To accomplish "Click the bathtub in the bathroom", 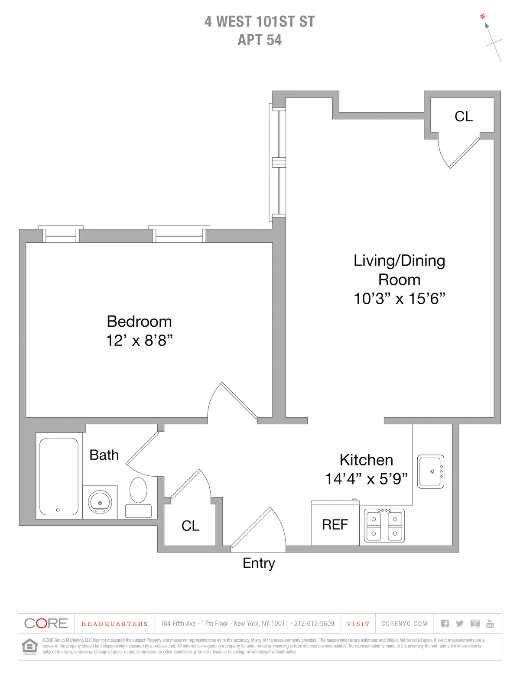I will click(x=59, y=476).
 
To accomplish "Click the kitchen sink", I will click(x=430, y=471).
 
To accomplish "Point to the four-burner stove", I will click(x=384, y=525).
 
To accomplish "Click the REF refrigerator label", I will click(x=335, y=525).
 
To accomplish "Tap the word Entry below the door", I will click(x=259, y=563).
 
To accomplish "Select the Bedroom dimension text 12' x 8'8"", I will click(x=139, y=341).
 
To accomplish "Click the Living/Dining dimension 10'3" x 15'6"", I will click(x=399, y=299).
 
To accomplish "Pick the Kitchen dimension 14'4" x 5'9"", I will click(x=366, y=479).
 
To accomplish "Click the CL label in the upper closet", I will click(x=463, y=117).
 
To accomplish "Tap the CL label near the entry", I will click(x=190, y=526).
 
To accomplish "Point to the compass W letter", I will click(x=482, y=17).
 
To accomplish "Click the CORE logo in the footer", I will click(x=46, y=624).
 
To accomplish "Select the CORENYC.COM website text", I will click(x=404, y=624).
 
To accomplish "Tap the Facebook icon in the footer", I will click(x=445, y=624).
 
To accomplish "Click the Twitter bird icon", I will click(x=460, y=624).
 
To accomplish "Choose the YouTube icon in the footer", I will click(x=490, y=624).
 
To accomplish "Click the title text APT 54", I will click(x=260, y=40).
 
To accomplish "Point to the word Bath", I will click(x=104, y=455).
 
